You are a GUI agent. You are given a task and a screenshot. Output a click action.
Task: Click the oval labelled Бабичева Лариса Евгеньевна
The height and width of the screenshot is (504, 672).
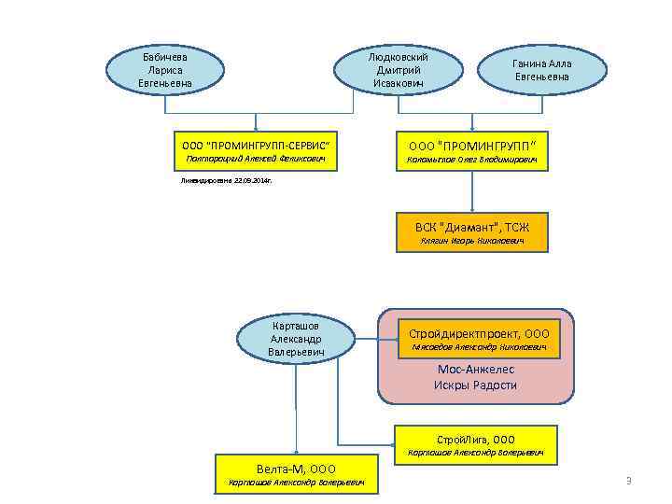pos(165,71)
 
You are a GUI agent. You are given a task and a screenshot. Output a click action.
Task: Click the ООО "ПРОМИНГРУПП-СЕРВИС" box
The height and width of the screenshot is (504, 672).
pos(255,152)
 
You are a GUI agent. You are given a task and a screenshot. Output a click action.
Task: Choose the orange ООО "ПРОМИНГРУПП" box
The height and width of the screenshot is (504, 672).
pos(471,152)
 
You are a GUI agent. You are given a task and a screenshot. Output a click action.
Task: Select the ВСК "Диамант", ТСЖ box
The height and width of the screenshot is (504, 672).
pos(471,232)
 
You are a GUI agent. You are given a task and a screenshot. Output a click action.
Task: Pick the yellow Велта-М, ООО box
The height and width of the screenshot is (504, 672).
pos(296,474)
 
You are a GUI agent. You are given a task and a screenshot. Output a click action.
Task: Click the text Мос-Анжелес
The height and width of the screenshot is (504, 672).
pos(475,370)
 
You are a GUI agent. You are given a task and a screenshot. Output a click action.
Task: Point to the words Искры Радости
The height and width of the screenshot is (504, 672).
pos(475,385)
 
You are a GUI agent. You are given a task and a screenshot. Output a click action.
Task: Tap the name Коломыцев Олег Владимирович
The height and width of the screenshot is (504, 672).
pos(471,160)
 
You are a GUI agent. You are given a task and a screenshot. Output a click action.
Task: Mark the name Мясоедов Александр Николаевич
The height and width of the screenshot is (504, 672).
pos(479,347)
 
